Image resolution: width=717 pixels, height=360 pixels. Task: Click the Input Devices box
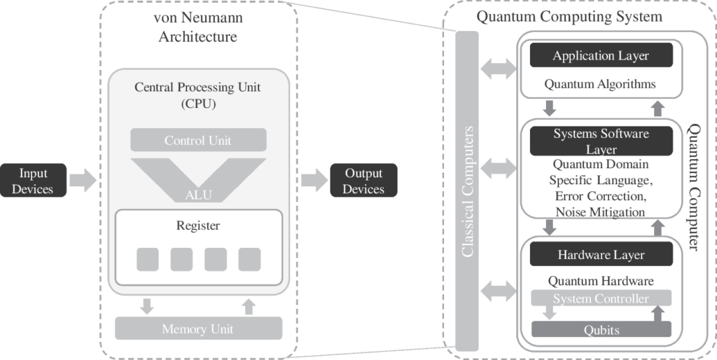(x=34, y=180)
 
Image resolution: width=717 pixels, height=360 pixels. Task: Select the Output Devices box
(x=363, y=181)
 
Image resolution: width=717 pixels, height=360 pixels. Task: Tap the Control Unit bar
(x=198, y=140)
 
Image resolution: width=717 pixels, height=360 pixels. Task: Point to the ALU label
(x=198, y=195)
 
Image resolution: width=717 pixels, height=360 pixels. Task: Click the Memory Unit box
(x=198, y=328)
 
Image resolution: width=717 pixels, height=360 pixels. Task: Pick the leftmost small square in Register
(x=147, y=259)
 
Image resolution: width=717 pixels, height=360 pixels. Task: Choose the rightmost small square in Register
(x=249, y=259)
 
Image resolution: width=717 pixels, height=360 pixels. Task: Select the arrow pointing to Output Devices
(x=314, y=180)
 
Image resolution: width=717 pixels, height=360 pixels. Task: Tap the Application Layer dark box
(x=601, y=55)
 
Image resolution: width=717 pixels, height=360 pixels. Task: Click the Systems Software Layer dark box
(x=601, y=141)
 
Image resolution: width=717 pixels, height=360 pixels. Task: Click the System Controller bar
(x=601, y=299)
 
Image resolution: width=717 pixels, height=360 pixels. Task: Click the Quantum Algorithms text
(x=600, y=84)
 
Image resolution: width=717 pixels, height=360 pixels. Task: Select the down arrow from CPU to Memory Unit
(x=147, y=306)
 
